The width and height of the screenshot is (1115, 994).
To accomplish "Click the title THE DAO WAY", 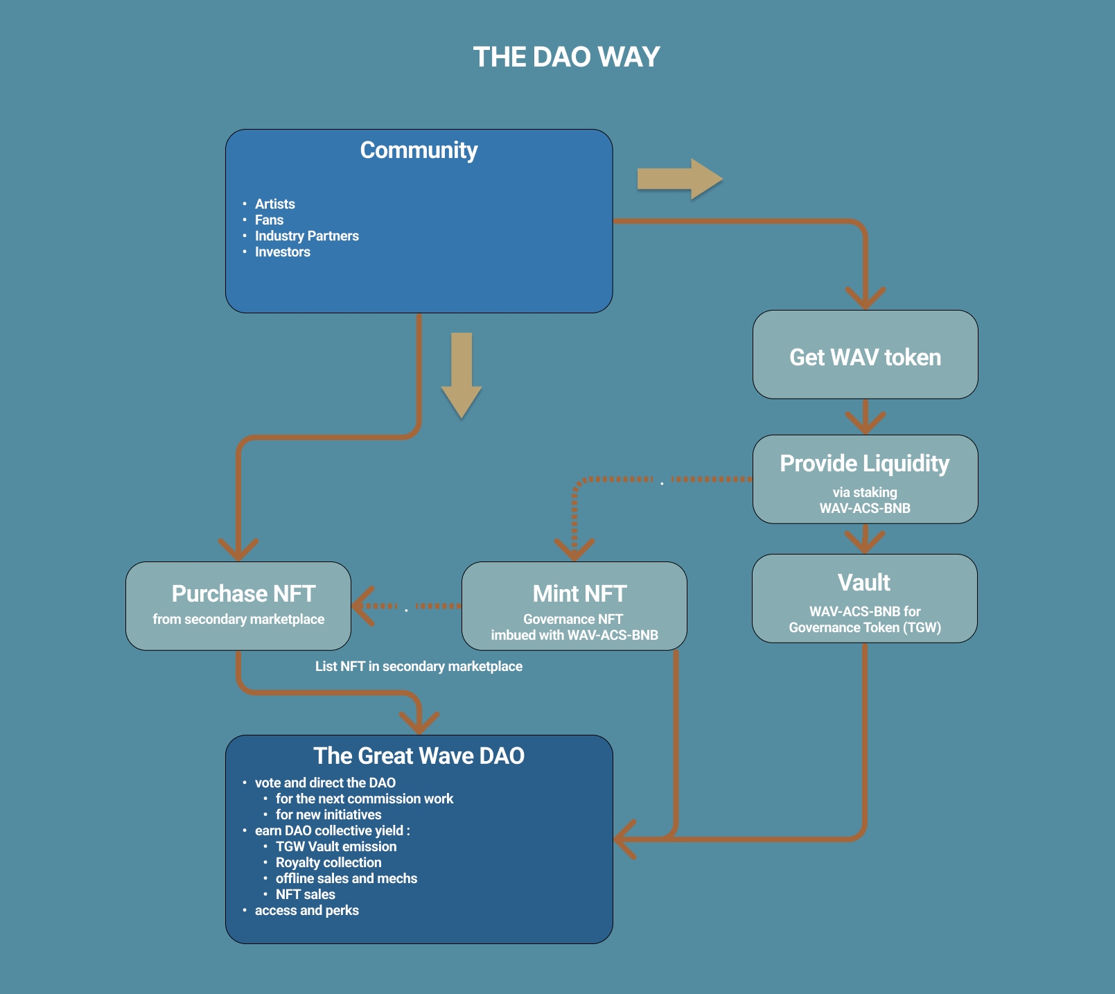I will pos(566,57).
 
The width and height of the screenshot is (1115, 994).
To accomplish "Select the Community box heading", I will pos(419,150).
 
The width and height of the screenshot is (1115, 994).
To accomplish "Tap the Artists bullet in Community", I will pos(274,204).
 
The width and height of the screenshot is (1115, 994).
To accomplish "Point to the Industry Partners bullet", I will pos(306,236).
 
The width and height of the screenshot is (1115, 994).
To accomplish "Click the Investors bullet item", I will pos(282,252).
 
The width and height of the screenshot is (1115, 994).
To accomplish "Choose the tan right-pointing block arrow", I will pos(679,179).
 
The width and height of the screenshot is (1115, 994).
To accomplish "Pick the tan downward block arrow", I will pos(462,374).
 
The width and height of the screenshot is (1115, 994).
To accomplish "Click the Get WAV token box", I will pos(865,357).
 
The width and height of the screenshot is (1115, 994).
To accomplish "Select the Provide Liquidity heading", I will pos(864,463).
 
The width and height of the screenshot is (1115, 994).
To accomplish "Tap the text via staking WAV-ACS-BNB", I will pos(865,500).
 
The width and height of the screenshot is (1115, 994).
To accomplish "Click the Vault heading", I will pos(863,582).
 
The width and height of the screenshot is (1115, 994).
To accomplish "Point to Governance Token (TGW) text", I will pos(865,627).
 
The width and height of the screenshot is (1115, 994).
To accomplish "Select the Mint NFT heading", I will pos(579,593).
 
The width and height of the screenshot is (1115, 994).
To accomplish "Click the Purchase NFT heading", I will pos(243,593).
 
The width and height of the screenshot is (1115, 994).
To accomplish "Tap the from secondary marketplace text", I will pos(238,619).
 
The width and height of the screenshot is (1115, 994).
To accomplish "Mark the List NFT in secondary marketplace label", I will pos(419,666).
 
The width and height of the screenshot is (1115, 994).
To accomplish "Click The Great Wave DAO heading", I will pos(419,756).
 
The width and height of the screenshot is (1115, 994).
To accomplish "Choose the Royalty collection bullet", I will pos(328,862).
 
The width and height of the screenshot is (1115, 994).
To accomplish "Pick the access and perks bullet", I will pos(306,910).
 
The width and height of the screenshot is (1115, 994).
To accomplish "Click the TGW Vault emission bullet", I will pos(336,846).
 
